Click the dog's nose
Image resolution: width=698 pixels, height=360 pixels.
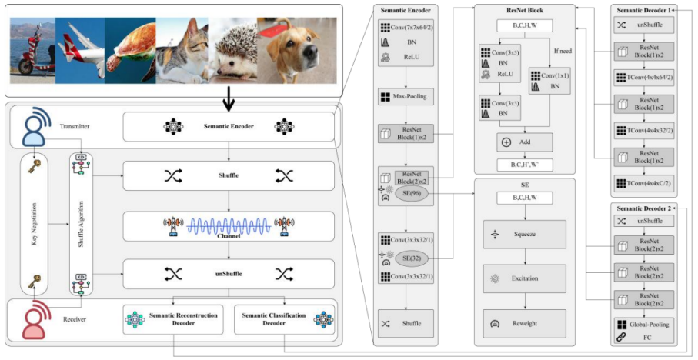pos(311,55)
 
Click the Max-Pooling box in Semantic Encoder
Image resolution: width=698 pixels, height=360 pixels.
pos(406,98)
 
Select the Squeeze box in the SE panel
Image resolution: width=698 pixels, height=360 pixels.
pos(524,234)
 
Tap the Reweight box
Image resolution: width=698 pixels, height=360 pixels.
pos(524,323)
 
